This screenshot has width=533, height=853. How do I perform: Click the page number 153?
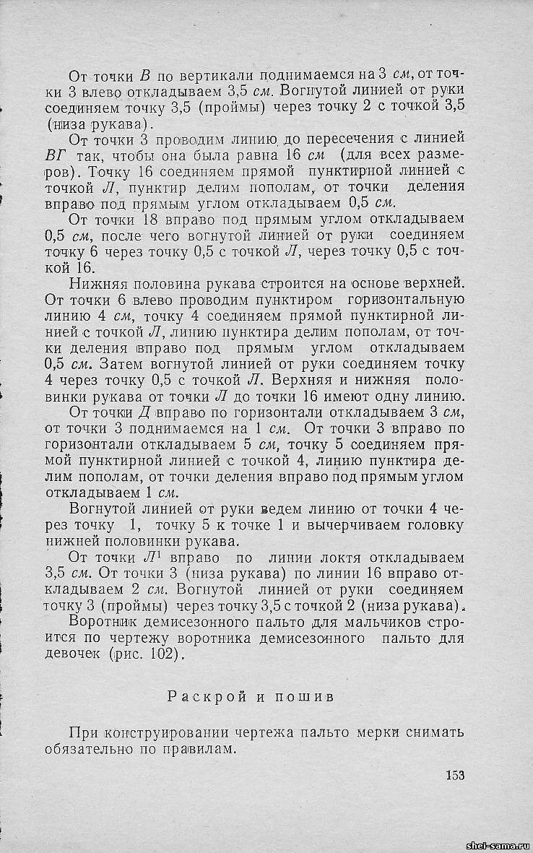(454, 775)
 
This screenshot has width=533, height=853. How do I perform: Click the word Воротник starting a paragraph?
(101, 622)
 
